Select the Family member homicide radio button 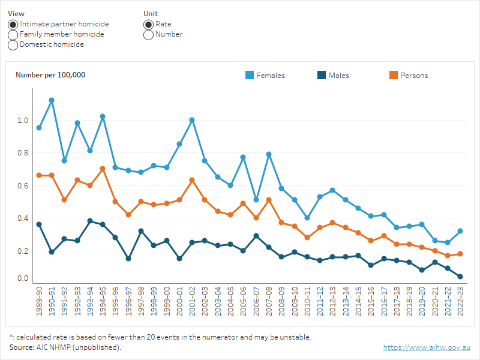pyautogui.click(x=13, y=34)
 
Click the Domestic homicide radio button pyautogui.click(x=13, y=44)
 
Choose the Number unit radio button pyautogui.click(x=148, y=34)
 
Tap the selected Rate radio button pyautogui.click(x=148, y=24)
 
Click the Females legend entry pyautogui.click(x=265, y=76)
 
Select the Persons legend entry pyautogui.click(x=408, y=76)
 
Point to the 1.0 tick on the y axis pyautogui.click(x=23, y=121)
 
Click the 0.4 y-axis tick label pyautogui.click(x=23, y=218)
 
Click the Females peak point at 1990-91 pyautogui.click(x=52, y=100)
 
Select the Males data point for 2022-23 pyautogui.click(x=460, y=277)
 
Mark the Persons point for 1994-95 pyautogui.click(x=103, y=169)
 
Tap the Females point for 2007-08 pyautogui.click(x=269, y=154)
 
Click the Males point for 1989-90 pyautogui.click(x=39, y=224)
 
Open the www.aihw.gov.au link pyautogui.click(x=427, y=347)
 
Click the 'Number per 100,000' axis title pyautogui.click(x=50, y=75)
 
